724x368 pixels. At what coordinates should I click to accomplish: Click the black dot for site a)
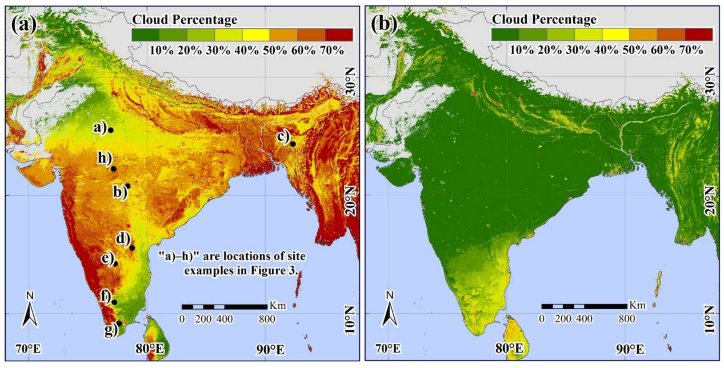[111, 130]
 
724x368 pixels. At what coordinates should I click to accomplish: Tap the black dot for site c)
[293, 144]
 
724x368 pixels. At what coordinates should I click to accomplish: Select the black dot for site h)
[113, 169]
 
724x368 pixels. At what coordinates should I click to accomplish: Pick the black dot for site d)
[132, 248]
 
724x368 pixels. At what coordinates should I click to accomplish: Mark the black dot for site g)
[119, 323]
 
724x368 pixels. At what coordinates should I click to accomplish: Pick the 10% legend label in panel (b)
[522, 50]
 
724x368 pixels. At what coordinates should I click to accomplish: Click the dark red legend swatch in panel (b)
[699, 34]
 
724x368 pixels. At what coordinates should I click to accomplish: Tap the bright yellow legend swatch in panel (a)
[256, 35]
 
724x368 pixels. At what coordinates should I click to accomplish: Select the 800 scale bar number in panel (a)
[267, 319]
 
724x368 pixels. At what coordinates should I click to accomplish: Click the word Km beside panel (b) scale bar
[637, 305]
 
